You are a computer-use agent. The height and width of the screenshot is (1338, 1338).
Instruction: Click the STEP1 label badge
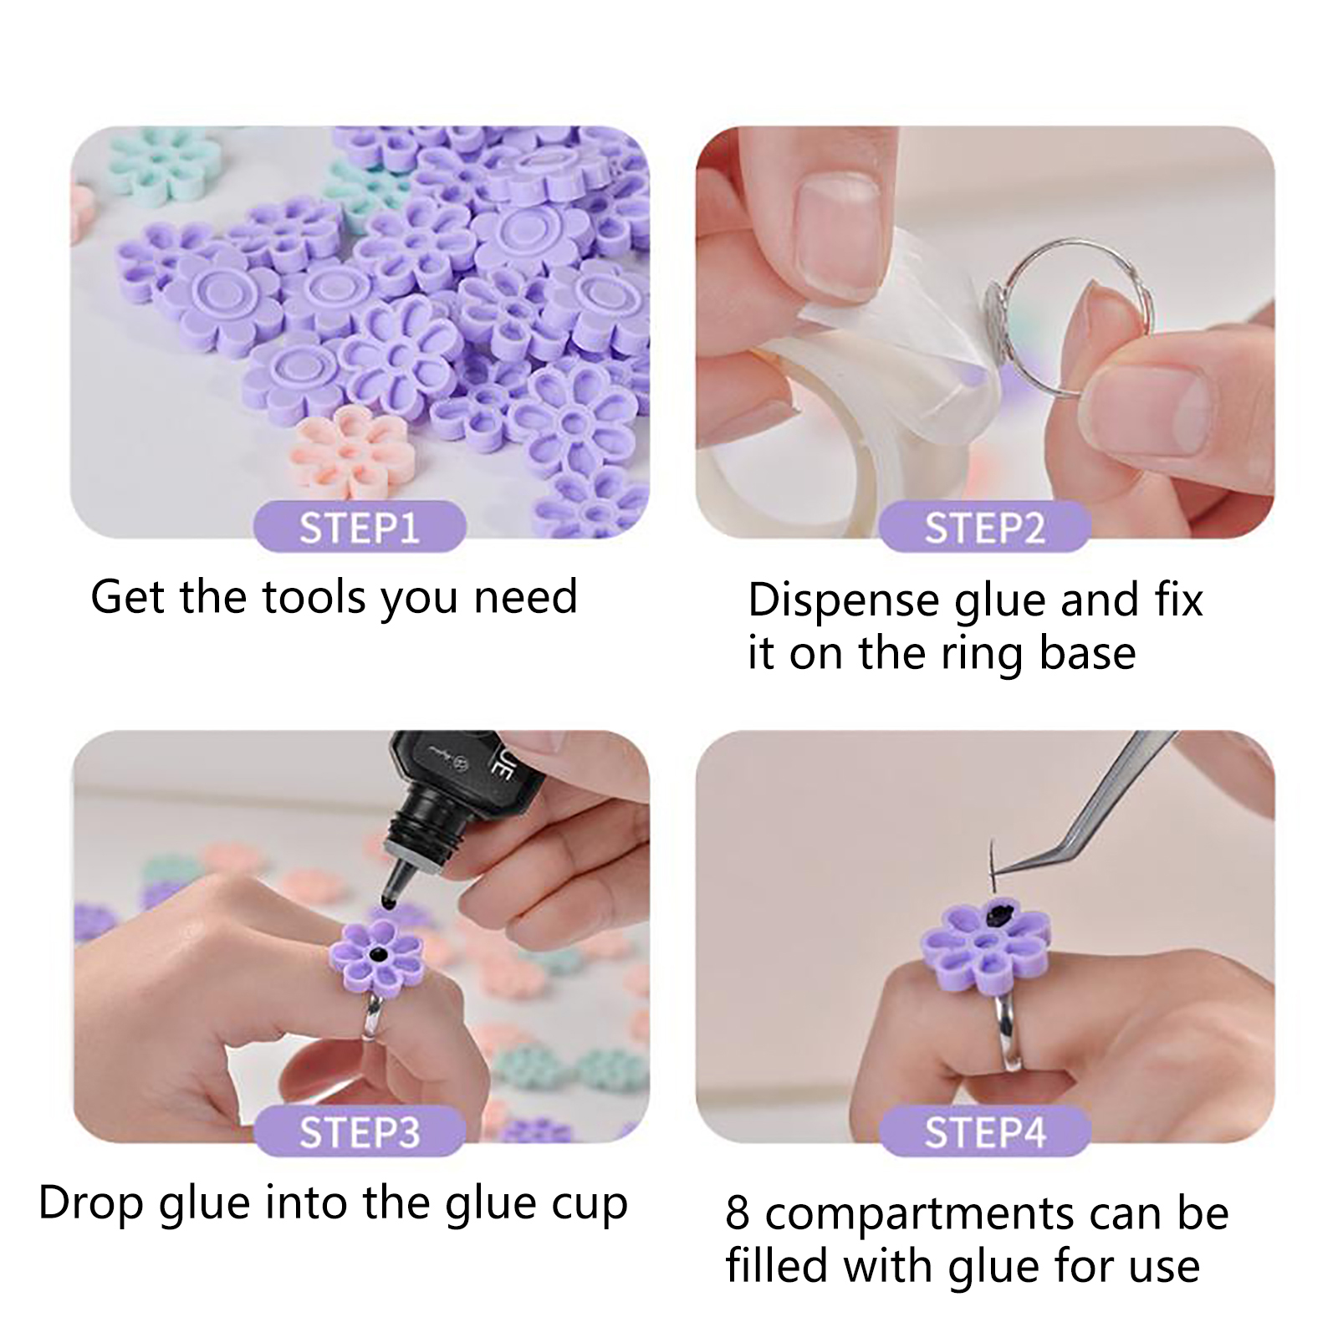360,527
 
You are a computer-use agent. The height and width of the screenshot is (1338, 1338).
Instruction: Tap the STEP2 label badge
984,527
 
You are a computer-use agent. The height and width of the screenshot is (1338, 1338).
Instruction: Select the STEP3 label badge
360,1131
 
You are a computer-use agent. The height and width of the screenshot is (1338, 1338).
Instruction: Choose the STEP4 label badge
984,1131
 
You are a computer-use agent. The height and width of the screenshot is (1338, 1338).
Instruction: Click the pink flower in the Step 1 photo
351,452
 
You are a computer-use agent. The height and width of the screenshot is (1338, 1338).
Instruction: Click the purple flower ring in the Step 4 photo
984,950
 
